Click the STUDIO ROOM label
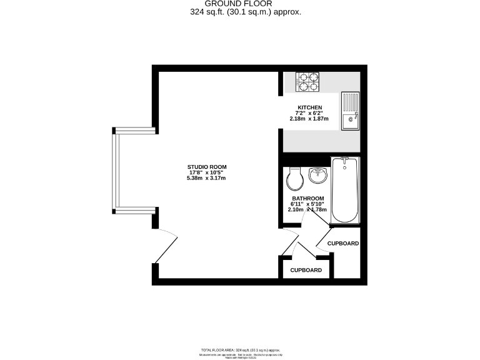(x=206, y=167)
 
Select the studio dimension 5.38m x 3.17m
(x=206, y=178)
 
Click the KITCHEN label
(x=310, y=107)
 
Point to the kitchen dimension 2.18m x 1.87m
(x=310, y=118)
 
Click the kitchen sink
(x=350, y=111)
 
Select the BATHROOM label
(x=307, y=198)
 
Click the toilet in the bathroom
(x=294, y=179)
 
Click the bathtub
(x=345, y=190)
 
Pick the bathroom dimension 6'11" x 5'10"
(x=307, y=204)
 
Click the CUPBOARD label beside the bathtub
(x=343, y=243)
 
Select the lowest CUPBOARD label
(x=306, y=270)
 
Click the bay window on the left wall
(x=116, y=169)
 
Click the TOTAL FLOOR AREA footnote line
(x=240, y=350)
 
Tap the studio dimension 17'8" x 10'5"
(x=206, y=172)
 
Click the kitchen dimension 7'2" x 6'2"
(x=310, y=112)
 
